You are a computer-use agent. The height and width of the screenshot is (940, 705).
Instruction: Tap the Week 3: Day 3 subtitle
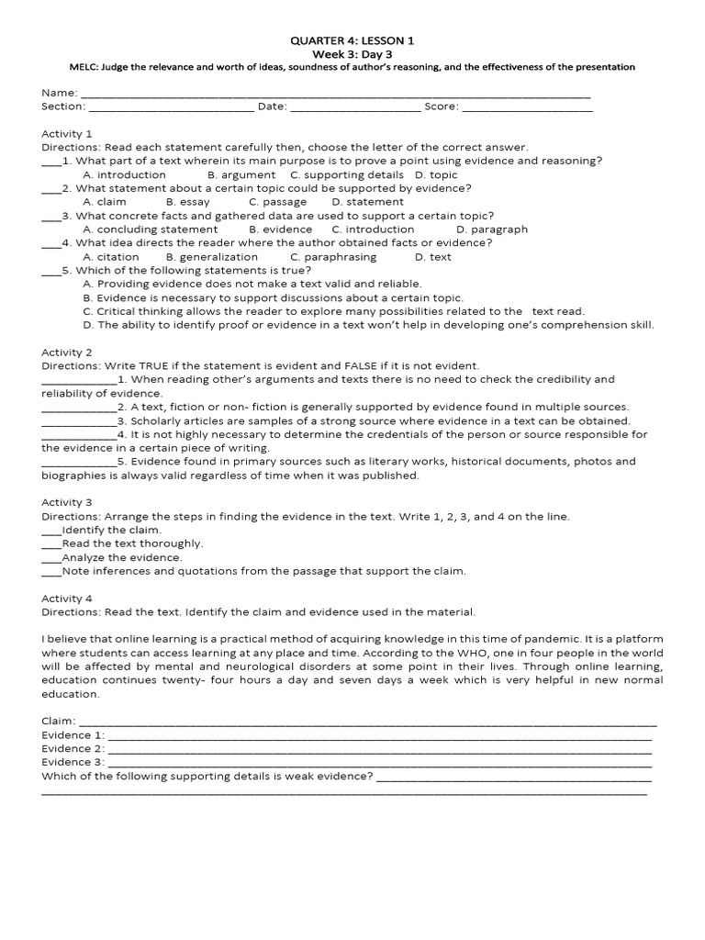tap(352, 53)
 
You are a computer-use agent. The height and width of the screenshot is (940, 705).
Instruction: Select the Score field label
tap(440, 107)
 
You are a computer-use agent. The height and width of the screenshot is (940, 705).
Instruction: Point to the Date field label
tap(273, 107)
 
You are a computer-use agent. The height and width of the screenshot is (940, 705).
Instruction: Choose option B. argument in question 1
tap(241, 174)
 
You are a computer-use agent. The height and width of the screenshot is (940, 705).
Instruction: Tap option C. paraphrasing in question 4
tap(330, 257)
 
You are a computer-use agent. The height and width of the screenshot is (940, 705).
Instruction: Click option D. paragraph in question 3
tap(492, 229)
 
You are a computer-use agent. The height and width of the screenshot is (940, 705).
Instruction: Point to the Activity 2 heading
tap(67, 352)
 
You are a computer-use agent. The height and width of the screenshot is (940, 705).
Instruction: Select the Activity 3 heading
tap(67, 502)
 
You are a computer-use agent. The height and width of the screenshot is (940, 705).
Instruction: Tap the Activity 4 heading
tap(67, 598)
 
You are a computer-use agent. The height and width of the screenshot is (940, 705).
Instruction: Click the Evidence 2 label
tap(73, 748)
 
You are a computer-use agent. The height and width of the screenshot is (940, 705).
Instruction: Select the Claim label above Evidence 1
tap(59, 722)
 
